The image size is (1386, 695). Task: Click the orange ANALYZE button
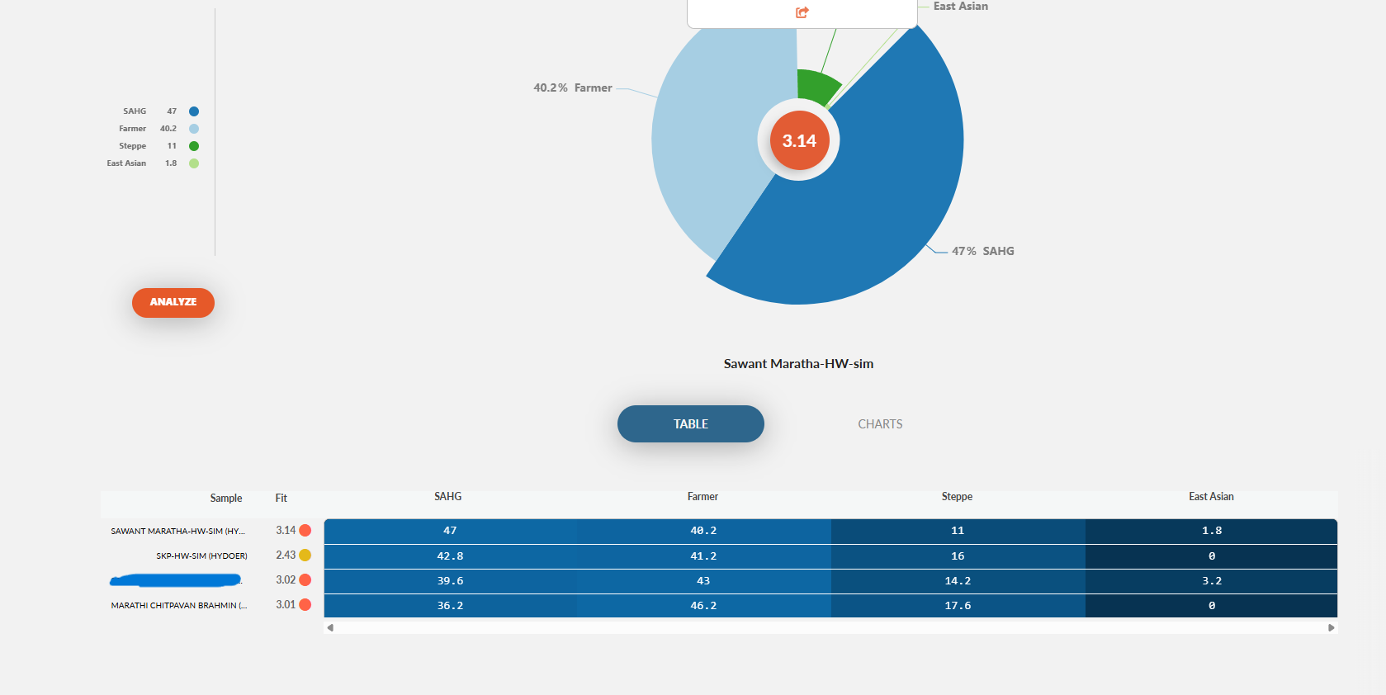click(173, 303)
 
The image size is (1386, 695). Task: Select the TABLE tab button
click(690, 423)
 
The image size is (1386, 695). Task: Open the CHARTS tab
click(880, 424)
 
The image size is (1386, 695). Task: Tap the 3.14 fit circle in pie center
click(799, 140)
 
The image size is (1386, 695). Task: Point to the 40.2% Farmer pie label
click(573, 87)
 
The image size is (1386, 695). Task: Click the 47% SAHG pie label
click(982, 251)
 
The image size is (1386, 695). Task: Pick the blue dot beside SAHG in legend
click(194, 111)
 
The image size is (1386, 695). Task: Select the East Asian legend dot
click(194, 163)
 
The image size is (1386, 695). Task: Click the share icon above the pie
click(802, 12)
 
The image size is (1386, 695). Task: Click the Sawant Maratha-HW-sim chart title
click(798, 364)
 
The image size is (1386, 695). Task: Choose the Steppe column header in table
click(957, 497)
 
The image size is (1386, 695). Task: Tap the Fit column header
click(281, 498)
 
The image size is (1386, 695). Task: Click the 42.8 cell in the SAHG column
click(450, 556)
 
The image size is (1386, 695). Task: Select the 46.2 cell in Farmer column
click(703, 606)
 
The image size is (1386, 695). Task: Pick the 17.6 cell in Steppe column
click(958, 606)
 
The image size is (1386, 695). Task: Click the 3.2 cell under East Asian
click(1211, 581)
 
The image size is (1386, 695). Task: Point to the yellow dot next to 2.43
click(305, 556)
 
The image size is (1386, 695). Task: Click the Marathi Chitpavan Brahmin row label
click(179, 606)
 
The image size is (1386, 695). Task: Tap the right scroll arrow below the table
click(1331, 628)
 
